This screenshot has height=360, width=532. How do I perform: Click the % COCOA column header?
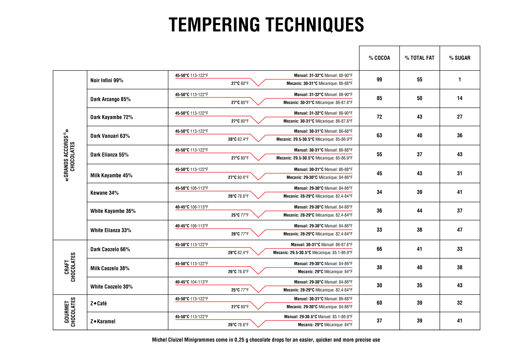click(379, 58)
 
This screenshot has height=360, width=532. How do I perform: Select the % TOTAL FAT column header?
click(419, 58)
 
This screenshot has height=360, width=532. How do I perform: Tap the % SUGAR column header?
click(459, 58)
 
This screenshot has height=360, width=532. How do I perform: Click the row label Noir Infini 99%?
click(107, 80)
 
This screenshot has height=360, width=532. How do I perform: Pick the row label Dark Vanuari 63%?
click(110, 136)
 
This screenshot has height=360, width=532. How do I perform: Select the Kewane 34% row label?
click(104, 193)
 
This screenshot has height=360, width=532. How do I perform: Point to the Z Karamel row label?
click(103, 321)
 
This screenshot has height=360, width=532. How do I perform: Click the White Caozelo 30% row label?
click(111, 286)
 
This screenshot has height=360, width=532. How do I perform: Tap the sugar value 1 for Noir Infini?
click(459, 80)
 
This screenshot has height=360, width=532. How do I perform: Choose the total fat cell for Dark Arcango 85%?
click(419, 98)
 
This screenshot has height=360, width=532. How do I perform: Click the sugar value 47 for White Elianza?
click(459, 230)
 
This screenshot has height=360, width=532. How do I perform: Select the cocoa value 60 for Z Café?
click(379, 303)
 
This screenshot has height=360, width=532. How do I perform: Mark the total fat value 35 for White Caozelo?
click(419, 285)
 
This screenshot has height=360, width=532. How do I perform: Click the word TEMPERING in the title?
click(214, 24)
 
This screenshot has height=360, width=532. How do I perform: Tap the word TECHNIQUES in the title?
click(315, 24)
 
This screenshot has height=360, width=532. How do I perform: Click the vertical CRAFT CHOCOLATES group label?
click(70, 267)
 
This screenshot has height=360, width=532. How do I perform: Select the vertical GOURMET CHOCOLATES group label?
click(70, 312)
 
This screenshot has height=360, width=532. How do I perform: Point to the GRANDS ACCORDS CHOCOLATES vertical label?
click(69, 155)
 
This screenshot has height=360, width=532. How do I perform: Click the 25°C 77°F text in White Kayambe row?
click(240, 215)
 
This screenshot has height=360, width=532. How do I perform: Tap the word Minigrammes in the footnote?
click(199, 339)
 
